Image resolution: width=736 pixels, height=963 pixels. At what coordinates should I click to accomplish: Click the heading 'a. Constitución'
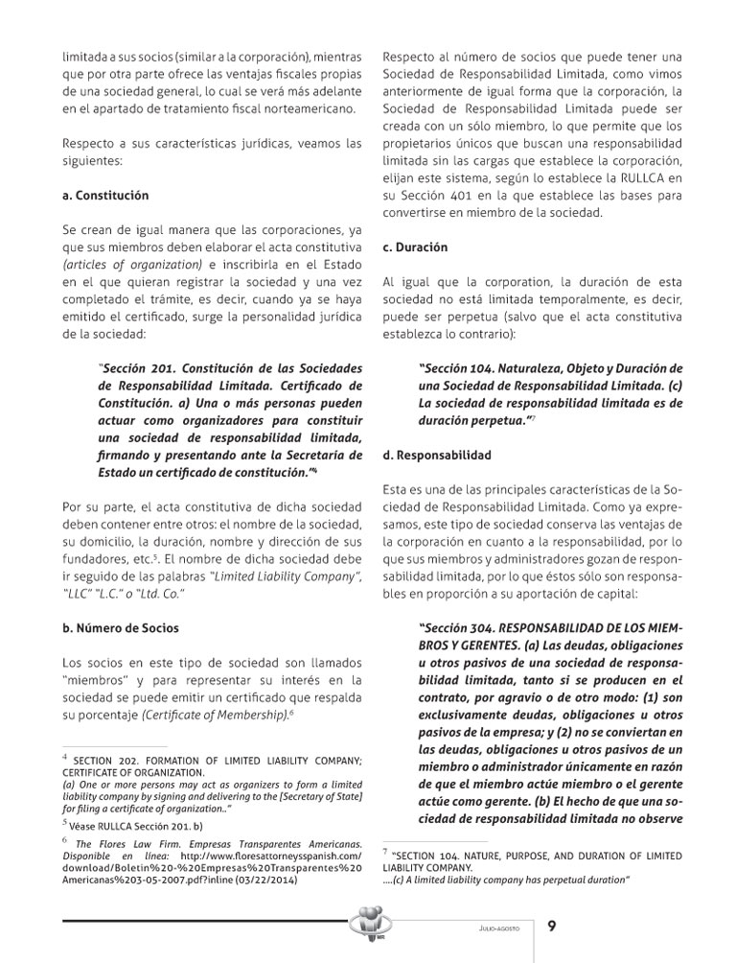105,195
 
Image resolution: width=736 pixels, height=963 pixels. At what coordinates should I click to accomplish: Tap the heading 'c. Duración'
415,247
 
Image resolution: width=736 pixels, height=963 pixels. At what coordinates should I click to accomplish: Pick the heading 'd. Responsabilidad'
437,455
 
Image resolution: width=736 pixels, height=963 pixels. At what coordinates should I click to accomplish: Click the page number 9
552,926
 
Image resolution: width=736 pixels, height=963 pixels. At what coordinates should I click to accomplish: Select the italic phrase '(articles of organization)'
125,265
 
